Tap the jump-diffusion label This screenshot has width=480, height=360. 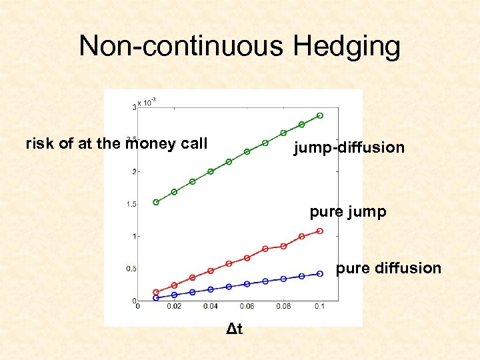click(349, 147)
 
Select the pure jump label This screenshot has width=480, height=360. click(347, 212)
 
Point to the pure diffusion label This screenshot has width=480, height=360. click(389, 268)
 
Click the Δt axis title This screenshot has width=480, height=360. click(234, 329)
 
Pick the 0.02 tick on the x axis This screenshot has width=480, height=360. click(174, 307)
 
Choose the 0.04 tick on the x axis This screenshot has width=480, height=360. click(210, 307)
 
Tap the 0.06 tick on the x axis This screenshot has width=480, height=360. click(247, 307)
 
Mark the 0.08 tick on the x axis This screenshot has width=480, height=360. click(283, 307)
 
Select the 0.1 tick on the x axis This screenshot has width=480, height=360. click(320, 307)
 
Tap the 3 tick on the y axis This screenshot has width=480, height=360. click(134, 107)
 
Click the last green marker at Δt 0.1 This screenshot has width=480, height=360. click(320, 115)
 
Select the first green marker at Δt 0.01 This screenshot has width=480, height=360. click(156, 202)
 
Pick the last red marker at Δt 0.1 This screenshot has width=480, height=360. click(320, 231)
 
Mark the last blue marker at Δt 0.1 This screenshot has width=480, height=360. click(320, 273)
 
